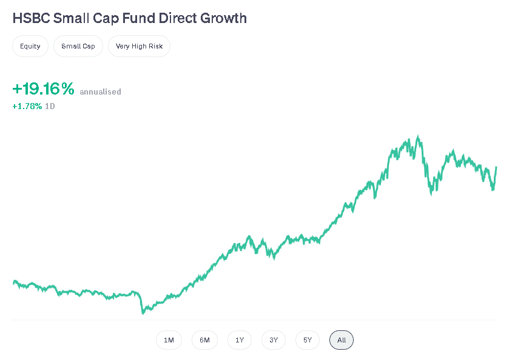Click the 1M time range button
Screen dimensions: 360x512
169,340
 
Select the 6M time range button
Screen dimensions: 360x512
204,340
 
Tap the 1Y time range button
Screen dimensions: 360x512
240,340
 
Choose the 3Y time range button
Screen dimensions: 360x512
274,340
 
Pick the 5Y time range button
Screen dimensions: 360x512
308,340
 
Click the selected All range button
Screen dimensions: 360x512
342,340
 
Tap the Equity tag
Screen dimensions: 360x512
30,46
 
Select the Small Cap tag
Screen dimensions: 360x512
78,46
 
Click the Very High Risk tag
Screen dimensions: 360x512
139,46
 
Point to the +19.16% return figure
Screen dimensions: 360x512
43,89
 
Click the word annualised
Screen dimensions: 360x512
100,92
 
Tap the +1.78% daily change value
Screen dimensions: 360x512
27,106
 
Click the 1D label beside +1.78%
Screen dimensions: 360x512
50,106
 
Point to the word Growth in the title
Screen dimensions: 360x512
224,18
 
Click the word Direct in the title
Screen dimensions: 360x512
179,18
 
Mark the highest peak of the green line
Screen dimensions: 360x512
418,137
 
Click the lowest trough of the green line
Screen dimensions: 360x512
143,313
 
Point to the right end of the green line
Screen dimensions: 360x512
496,167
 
